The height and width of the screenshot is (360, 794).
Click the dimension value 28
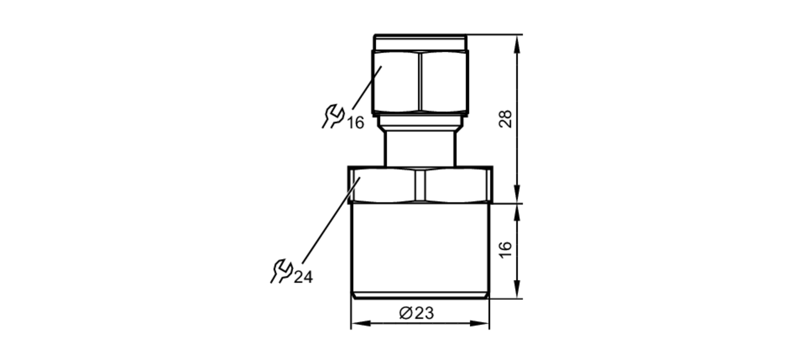click(505, 119)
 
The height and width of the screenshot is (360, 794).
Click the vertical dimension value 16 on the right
click(505, 250)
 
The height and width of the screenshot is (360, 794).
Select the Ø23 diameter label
click(416, 313)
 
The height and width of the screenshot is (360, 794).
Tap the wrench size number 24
click(303, 277)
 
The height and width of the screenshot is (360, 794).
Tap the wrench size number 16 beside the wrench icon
click(356, 123)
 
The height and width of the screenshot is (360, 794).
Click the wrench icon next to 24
click(281, 271)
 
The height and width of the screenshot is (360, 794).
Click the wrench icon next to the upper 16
click(333, 116)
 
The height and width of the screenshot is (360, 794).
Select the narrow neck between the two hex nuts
click(420, 149)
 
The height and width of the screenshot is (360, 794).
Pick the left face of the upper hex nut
click(396, 81)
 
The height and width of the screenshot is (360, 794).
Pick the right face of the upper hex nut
click(444, 81)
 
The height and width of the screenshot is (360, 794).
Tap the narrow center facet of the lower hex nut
click(420, 185)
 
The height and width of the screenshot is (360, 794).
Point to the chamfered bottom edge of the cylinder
click(420, 296)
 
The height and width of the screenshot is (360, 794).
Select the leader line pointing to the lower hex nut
click(330, 222)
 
